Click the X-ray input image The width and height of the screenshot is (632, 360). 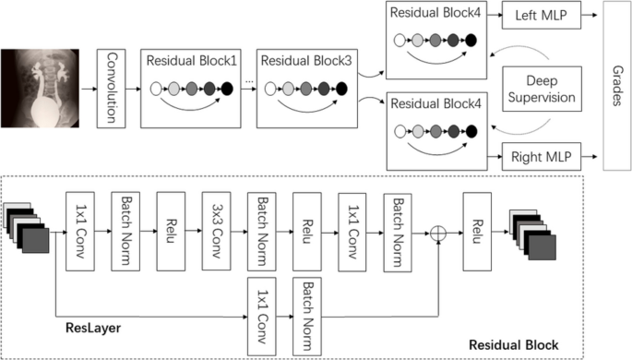(41, 89)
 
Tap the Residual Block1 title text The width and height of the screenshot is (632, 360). (190, 59)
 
